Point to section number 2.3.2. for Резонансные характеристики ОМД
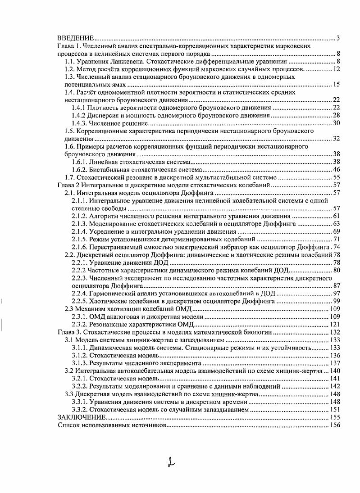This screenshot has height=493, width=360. (80, 324)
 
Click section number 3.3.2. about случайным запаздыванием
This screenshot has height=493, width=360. (80, 410)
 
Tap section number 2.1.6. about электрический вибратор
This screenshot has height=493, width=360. (80, 247)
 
